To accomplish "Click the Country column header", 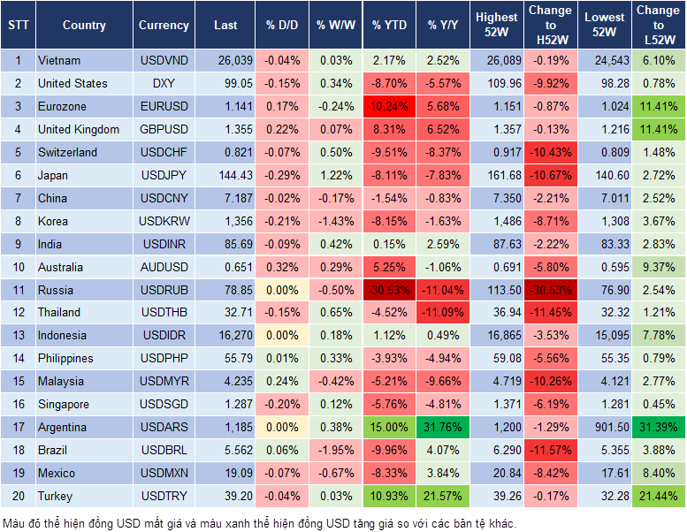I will (83, 26).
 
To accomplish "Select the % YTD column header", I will (389, 26).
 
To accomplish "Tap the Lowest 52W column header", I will (605, 26).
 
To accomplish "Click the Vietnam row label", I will (59, 60).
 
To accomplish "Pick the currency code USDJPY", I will (164, 175).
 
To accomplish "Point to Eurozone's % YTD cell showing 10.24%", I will (389, 106).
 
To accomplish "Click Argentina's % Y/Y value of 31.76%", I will (444, 427).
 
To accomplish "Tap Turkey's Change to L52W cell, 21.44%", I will (659, 496).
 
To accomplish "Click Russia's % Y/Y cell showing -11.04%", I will (444, 290).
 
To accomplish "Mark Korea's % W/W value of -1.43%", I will (334, 221).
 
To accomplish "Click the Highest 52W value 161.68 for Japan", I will (497, 175).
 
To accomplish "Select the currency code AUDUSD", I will (164, 267).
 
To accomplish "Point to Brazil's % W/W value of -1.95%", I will (334, 450).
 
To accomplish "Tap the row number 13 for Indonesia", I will (17, 335).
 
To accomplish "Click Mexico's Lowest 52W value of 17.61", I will (605, 473).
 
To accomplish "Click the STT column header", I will (17, 26).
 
